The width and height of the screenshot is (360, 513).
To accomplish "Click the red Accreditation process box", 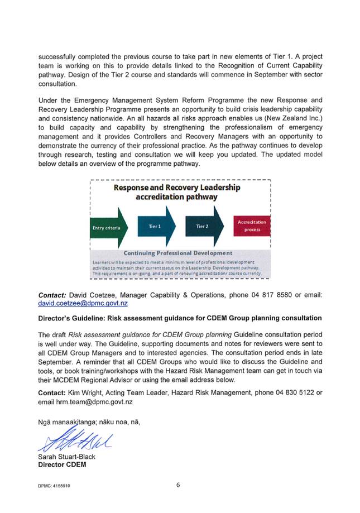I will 252,226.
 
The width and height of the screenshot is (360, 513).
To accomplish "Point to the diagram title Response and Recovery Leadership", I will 176,188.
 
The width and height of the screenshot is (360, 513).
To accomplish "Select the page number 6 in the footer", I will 178,485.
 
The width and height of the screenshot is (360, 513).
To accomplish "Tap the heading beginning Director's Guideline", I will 179,318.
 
